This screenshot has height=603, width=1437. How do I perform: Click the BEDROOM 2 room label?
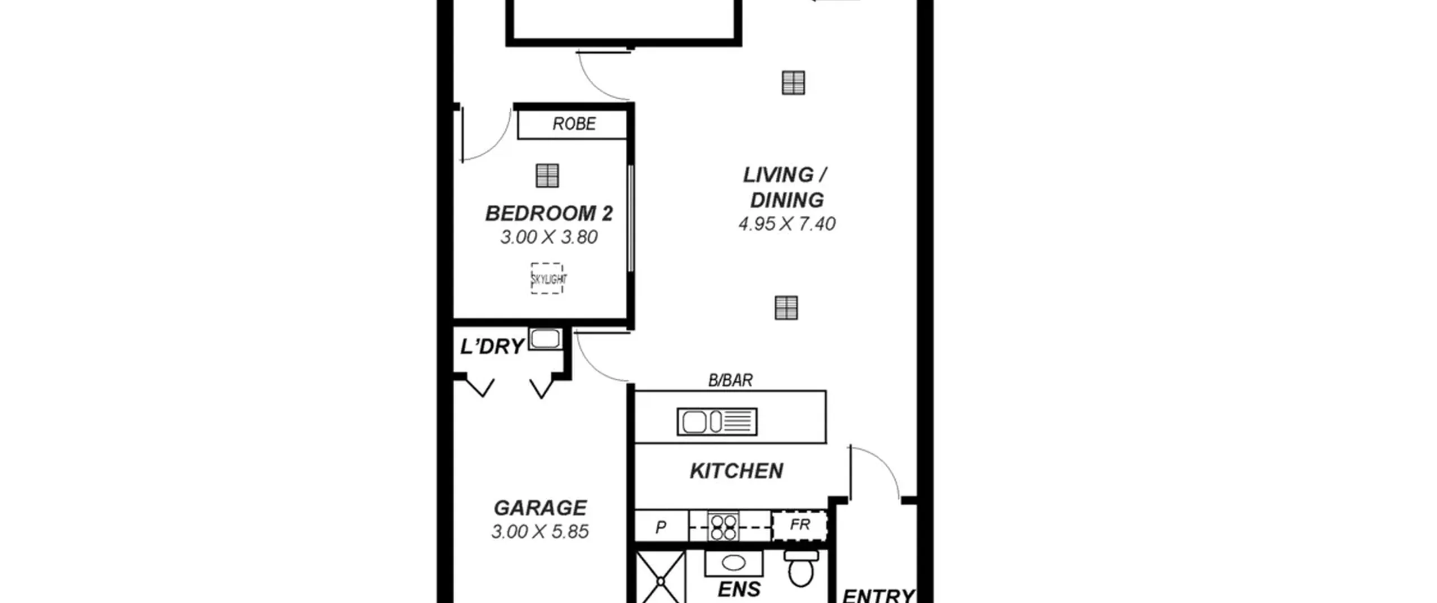click(x=548, y=214)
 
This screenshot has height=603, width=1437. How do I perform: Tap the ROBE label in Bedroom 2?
click(x=574, y=124)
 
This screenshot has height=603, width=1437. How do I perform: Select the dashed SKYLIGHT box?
click(x=547, y=278)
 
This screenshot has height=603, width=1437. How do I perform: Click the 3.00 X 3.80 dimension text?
click(x=548, y=237)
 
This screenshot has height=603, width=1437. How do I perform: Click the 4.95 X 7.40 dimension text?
click(x=787, y=224)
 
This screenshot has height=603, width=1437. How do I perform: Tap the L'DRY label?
click(x=492, y=347)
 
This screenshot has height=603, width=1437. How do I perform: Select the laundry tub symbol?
click(x=545, y=339)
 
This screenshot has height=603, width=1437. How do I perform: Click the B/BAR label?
click(x=730, y=380)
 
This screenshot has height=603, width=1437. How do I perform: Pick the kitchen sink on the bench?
click(x=717, y=422)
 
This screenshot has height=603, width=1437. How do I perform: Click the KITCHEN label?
click(x=736, y=471)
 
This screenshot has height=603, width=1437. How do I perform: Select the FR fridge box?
click(x=800, y=526)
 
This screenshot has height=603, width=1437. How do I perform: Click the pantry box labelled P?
click(x=661, y=526)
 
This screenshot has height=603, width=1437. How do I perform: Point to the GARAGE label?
click(x=540, y=508)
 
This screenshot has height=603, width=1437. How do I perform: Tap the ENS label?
click(x=739, y=590)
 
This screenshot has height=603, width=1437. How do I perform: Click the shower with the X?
click(x=661, y=577)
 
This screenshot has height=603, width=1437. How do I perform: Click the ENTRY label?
click(x=878, y=595)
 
